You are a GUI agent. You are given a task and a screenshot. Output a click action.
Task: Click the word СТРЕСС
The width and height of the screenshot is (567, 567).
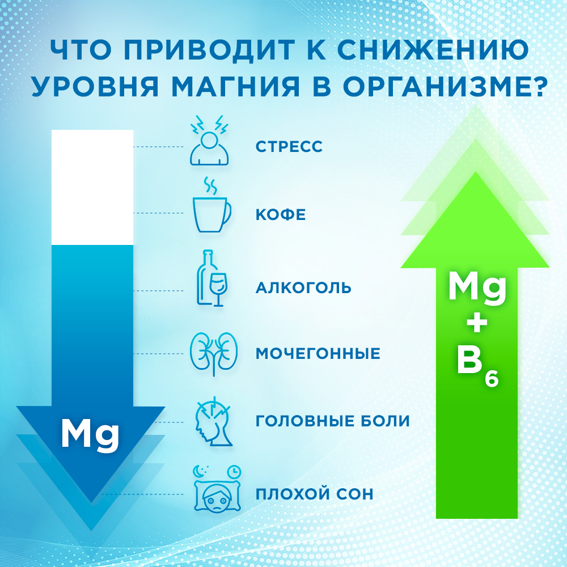click(x=289, y=146)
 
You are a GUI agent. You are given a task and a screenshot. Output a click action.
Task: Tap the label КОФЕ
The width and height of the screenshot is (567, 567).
click(x=281, y=214)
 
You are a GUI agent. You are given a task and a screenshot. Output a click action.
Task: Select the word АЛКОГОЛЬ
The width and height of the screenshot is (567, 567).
click(x=303, y=287)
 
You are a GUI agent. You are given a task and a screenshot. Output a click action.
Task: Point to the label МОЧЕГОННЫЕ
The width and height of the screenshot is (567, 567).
click(x=318, y=353)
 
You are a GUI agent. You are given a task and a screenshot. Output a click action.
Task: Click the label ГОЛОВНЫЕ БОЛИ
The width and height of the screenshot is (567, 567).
click(x=333, y=421)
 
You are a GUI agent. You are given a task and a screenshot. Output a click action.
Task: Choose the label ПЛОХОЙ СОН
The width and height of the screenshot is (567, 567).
click(x=315, y=494)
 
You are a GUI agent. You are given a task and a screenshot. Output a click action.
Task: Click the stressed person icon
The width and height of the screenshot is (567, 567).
click(x=209, y=140)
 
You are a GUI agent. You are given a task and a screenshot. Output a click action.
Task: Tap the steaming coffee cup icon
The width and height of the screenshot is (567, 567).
click(x=211, y=205)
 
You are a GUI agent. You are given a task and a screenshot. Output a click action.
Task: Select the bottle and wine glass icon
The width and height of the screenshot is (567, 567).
click(x=212, y=278)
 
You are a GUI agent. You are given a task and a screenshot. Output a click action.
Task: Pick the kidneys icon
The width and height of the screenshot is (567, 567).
click(x=214, y=354)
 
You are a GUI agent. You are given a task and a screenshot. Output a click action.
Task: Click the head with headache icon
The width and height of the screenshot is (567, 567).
click(x=214, y=421)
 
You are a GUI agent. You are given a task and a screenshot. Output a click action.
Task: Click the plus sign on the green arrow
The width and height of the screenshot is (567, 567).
click(x=477, y=324)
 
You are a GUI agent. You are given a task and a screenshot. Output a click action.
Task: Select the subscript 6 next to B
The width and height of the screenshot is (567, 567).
click(x=492, y=379)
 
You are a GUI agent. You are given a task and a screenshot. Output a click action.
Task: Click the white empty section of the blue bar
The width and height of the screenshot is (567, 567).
click(x=92, y=187)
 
